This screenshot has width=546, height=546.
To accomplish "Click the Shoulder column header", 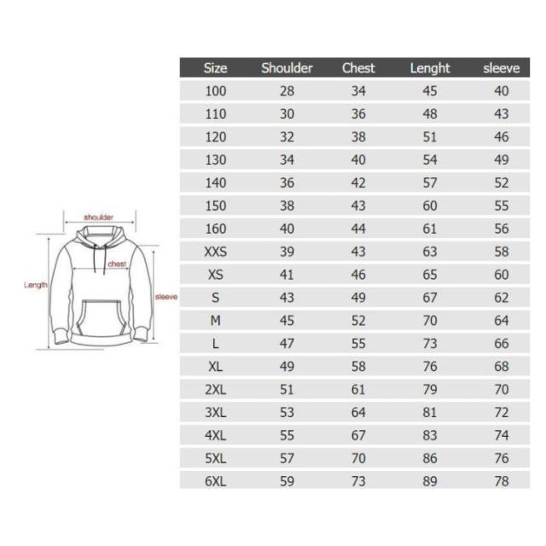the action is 287,68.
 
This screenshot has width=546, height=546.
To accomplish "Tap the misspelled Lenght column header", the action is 430,68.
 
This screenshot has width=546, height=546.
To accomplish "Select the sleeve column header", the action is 501,68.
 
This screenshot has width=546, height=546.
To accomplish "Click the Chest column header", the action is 358,68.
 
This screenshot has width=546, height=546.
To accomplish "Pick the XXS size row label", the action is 216,252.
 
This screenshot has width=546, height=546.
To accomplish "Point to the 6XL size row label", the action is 216,481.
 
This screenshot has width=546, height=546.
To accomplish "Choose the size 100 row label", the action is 216,91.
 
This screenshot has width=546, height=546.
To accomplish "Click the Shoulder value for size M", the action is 287,321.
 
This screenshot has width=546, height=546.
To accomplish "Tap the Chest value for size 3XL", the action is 358,412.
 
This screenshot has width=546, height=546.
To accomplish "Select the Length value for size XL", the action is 430,366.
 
